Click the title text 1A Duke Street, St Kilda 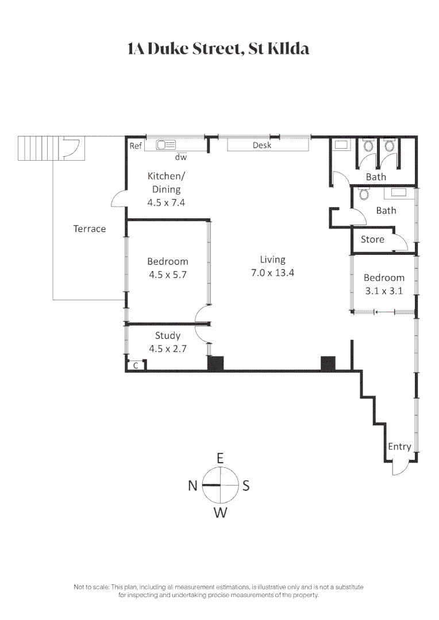218,49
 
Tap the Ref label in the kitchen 135,146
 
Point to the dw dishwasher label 181,157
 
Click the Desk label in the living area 261,145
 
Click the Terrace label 90,228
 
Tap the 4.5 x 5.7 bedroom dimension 168,274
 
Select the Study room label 168,335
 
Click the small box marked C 136,365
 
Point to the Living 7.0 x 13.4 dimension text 272,273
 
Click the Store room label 372,239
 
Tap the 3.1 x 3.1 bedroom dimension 384,290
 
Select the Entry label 399,447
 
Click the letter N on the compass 193,486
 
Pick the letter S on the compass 246,486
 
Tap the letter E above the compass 219,458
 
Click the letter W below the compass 221,513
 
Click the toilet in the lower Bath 363,195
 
